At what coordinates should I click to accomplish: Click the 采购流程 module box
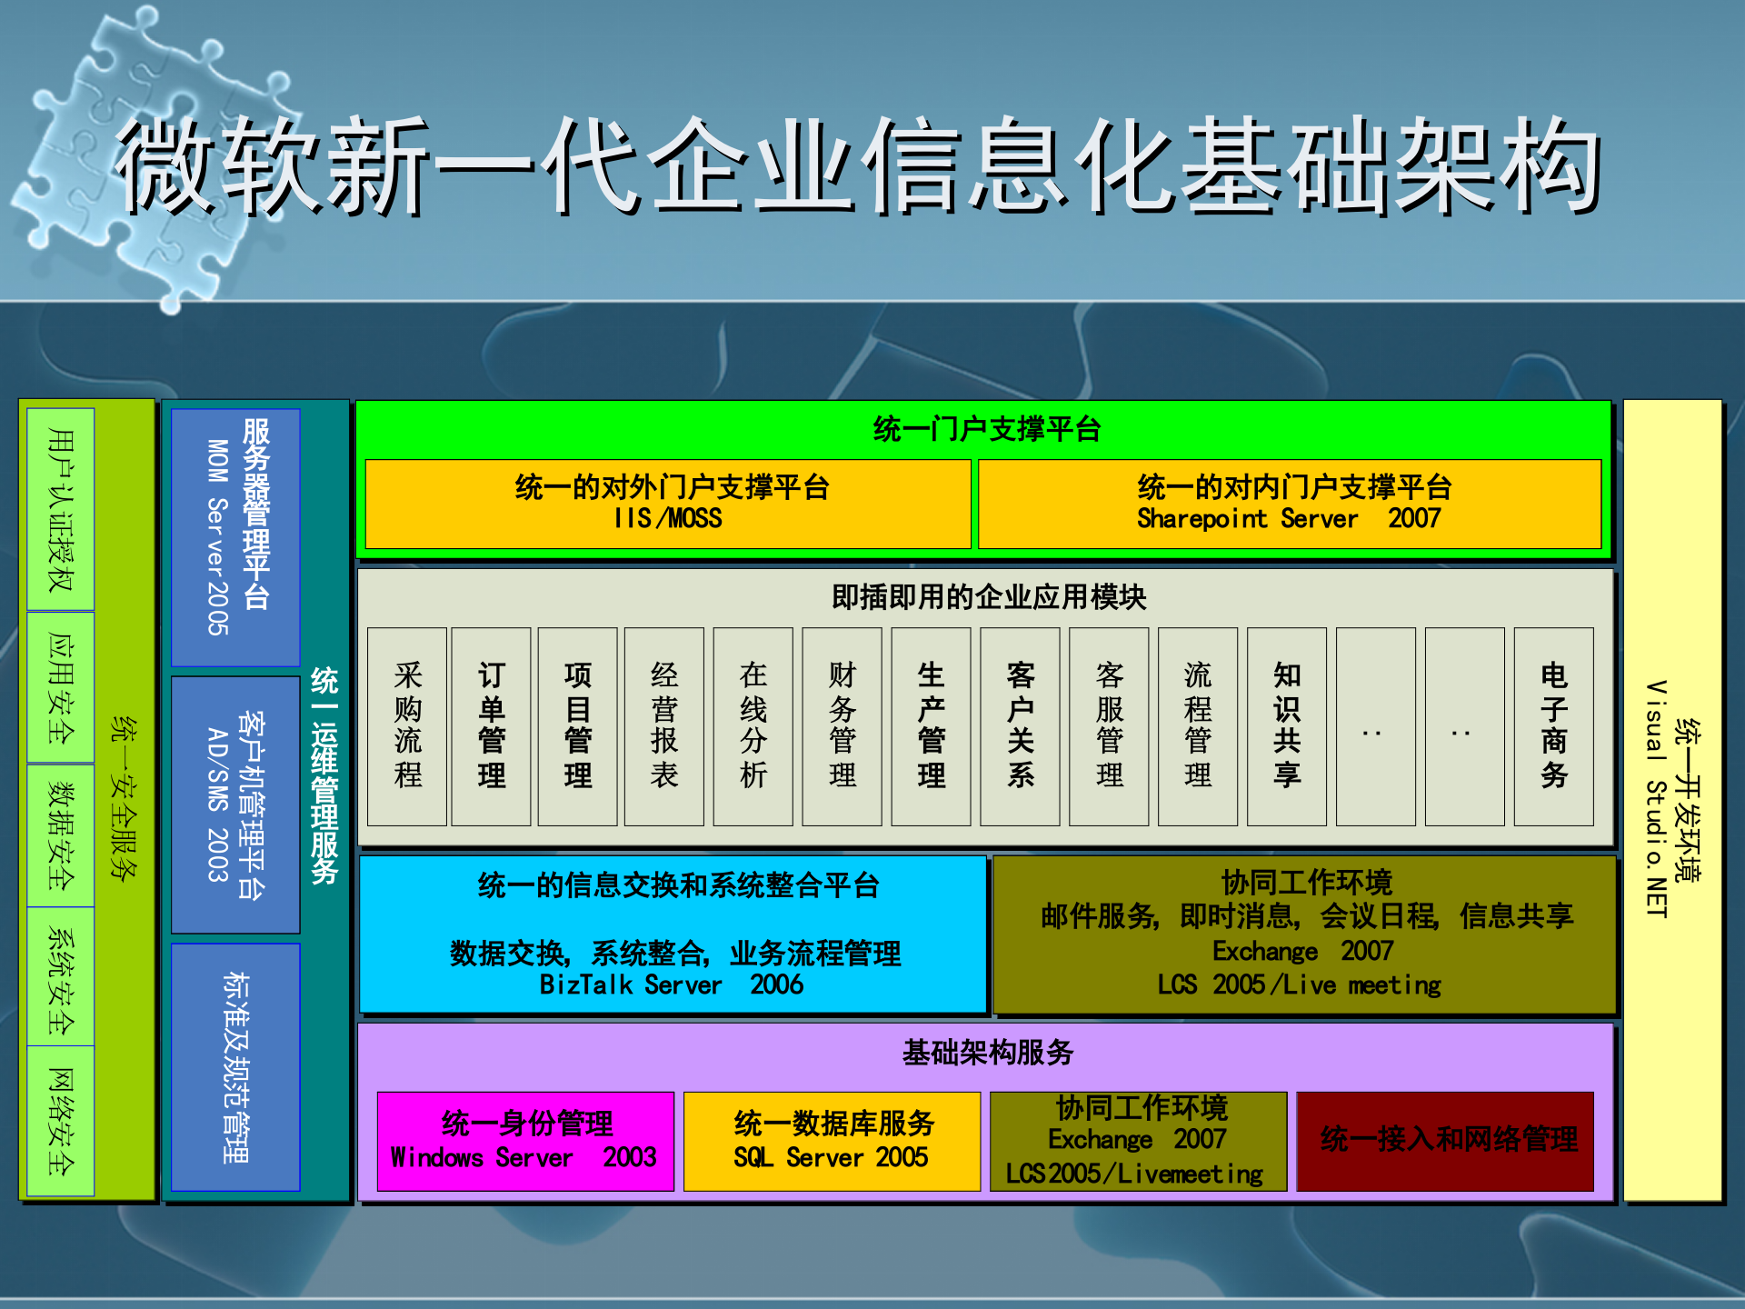click(407, 726)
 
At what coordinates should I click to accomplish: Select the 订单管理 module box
click(491, 726)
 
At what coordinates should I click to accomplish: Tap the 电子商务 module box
click(1553, 726)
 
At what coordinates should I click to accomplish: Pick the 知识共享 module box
click(1286, 726)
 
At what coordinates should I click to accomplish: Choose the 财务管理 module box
click(842, 726)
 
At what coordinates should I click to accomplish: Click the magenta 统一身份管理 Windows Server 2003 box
click(525, 1141)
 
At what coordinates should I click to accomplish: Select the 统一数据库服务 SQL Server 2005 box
click(832, 1141)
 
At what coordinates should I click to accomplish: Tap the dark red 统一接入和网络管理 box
click(1445, 1141)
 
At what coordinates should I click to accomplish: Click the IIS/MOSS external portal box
click(668, 504)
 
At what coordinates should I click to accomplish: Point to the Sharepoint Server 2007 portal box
click(1289, 504)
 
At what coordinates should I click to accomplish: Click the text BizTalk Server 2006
click(671, 984)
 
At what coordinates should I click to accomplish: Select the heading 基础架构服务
click(987, 1053)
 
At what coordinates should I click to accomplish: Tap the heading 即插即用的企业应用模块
click(988, 597)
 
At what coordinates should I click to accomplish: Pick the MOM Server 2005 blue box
click(235, 536)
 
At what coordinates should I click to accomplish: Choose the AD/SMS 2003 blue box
click(235, 804)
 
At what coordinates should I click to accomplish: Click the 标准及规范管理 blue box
click(235, 1066)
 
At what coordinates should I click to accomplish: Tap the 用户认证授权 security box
click(61, 509)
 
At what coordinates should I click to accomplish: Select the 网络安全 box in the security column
click(61, 1121)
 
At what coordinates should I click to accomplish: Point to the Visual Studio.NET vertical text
click(1656, 800)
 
